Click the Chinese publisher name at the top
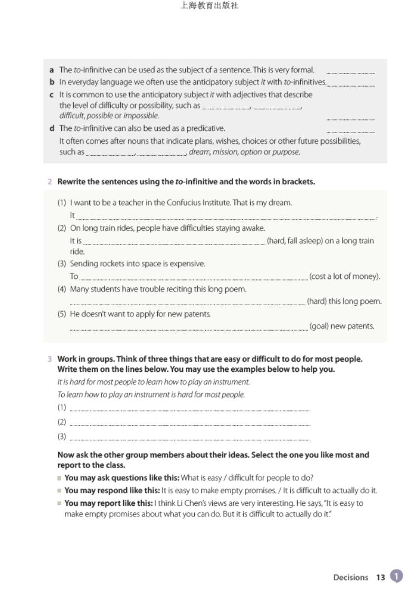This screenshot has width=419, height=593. (209, 6)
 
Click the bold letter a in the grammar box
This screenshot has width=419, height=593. (52, 70)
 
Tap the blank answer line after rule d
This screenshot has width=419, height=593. (350, 130)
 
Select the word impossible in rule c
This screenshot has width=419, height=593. (141, 116)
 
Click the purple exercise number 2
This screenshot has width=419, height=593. (50, 182)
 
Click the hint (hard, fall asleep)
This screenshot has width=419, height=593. (294, 241)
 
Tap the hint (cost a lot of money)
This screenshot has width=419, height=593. (345, 276)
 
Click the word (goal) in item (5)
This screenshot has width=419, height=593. (319, 326)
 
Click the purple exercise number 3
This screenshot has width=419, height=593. (50, 359)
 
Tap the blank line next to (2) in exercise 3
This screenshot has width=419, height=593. (190, 423)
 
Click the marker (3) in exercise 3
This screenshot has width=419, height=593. (62, 436)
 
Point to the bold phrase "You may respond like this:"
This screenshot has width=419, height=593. (112, 491)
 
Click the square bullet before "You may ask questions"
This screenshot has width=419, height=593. (60, 478)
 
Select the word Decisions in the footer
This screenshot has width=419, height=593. (350, 577)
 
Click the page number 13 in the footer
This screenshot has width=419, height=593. (380, 577)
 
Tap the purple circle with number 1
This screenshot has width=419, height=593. (396, 576)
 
